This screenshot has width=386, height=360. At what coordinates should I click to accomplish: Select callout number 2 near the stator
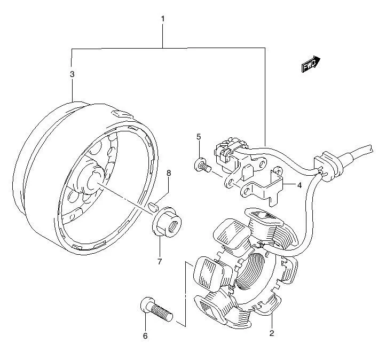[x=271, y=334]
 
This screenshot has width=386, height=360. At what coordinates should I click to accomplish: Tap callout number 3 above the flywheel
[x=72, y=74]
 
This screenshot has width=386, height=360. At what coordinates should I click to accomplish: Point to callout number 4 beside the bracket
[x=300, y=185]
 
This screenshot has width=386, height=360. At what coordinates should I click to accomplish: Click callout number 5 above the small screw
[x=198, y=137]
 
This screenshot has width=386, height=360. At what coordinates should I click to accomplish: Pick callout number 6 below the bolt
[x=145, y=336]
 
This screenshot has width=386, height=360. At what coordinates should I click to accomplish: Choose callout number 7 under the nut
[x=159, y=261]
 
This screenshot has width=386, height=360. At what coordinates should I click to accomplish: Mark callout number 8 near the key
[x=169, y=173]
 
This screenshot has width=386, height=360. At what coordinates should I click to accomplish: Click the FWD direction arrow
[x=310, y=65]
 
